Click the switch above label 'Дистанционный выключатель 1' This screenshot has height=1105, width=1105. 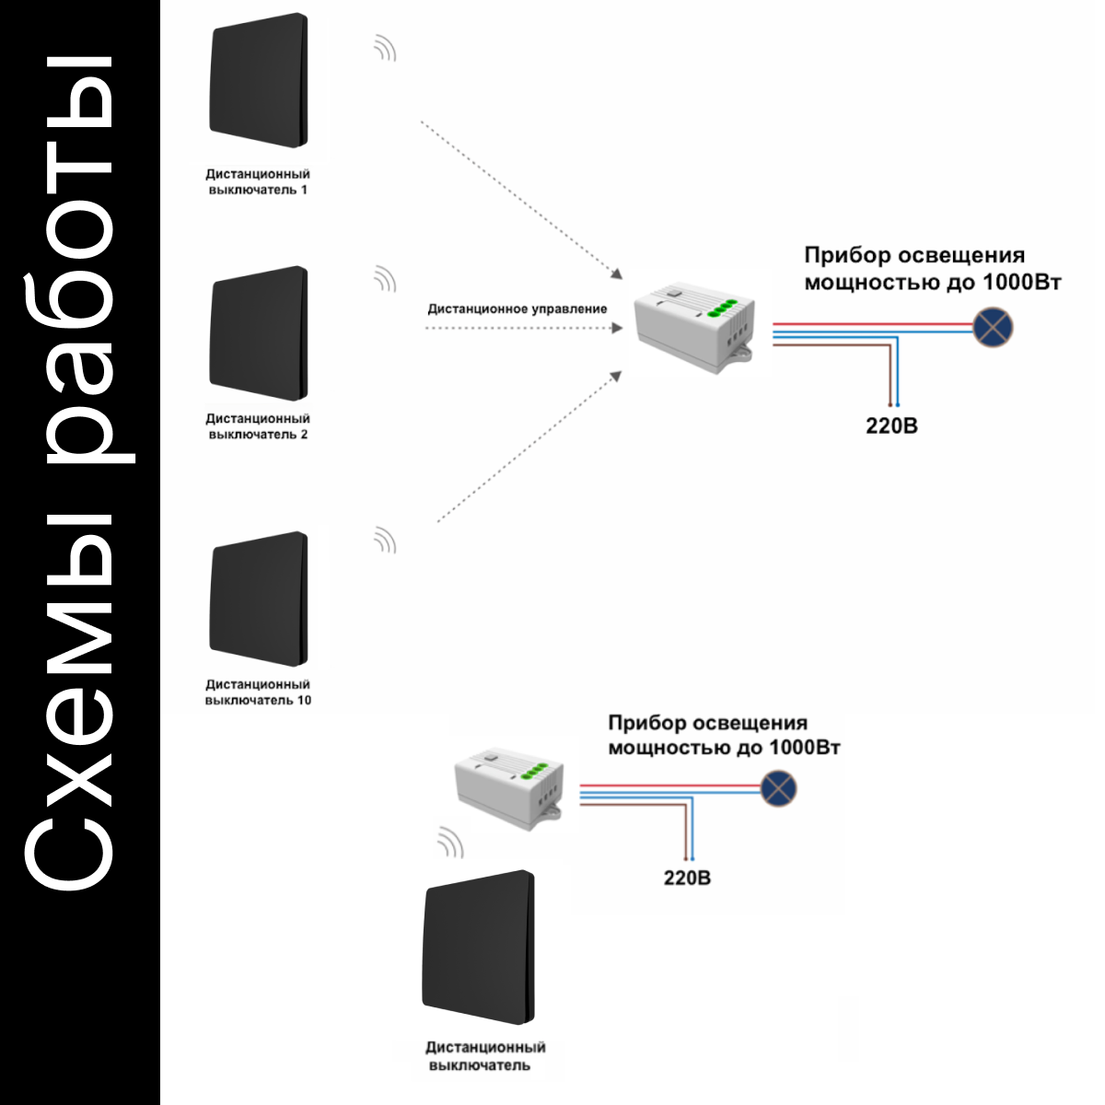(x=259, y=80)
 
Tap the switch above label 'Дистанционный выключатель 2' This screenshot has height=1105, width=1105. (x=259, y=333)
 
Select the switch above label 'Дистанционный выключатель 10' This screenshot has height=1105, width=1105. (x=259, y=599)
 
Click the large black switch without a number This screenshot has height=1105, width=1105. (x=478, y=947)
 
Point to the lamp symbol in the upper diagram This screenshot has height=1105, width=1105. (x=993, y=328)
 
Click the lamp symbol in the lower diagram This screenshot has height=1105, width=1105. (x=778, y=788)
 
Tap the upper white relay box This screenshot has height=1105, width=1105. (x=695, y=327)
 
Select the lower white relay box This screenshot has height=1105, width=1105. (x=509, y=788)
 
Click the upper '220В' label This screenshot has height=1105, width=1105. (x=891, y=426)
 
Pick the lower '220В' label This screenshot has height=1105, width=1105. (x=687, y=878)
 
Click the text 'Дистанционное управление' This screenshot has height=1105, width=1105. (x=518, y=309)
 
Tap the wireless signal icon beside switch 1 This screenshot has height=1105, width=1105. (x=385, y=48)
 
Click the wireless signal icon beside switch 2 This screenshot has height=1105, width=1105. (x=385, y=279)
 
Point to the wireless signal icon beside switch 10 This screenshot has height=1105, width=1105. (x=385, y=541)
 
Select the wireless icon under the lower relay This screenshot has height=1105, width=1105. (x=450, y=843)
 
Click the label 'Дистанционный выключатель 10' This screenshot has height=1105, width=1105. (x=258, y=692)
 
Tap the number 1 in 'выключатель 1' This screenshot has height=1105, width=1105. (x=304, y=190)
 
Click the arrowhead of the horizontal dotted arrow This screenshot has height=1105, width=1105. (x=617, y=328)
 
